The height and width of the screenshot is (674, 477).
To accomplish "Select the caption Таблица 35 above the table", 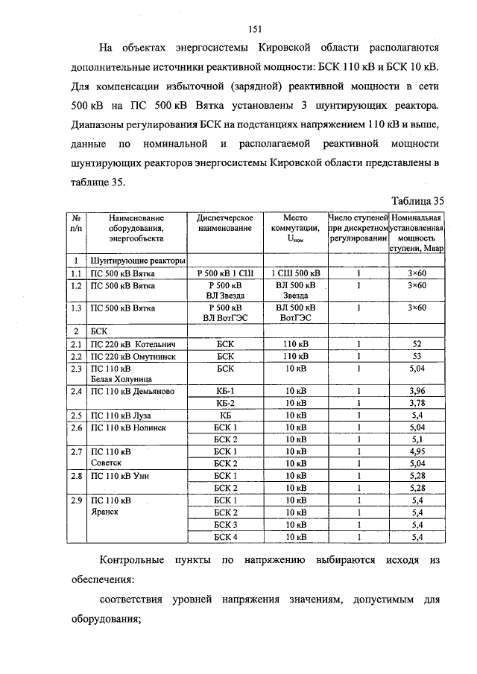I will pos(417,200).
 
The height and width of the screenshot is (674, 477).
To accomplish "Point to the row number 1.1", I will pos(75,273).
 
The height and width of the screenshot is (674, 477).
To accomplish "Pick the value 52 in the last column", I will pos(417,345).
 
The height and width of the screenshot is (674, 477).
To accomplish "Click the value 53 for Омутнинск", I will pos(417,356).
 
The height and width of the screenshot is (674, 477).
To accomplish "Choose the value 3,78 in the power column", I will pos(417,403).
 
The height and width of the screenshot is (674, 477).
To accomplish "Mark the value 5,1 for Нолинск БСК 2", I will pos(417,439).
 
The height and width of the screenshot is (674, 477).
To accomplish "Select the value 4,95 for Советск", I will pos(417,451).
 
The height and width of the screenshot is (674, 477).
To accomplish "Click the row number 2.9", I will pos(75,500).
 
